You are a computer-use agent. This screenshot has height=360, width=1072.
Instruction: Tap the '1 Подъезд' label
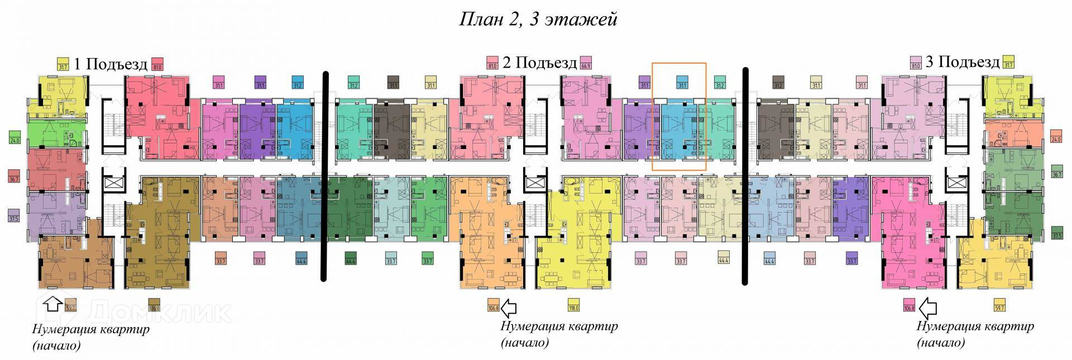(110, 64)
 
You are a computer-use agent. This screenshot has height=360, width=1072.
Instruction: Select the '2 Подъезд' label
(539, 62)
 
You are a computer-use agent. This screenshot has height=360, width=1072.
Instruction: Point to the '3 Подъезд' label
(962, 61)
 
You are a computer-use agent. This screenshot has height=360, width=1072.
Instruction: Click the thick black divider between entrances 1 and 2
(324, 176)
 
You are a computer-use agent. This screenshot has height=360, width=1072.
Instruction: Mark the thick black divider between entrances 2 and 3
(745, 176)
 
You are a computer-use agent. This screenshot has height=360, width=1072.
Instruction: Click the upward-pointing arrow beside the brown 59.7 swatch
(53, 304)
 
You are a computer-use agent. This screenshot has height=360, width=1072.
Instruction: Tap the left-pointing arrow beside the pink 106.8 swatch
(928, 307)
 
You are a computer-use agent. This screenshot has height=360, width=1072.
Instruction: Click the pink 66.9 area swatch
(586, 62)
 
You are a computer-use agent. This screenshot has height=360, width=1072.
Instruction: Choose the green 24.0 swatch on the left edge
(15, 137)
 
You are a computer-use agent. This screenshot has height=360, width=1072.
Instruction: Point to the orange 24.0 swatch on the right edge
(1056, 137)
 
